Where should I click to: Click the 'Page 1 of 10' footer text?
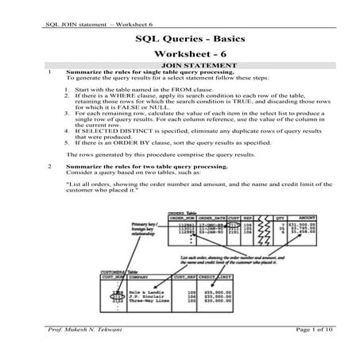coord(300,350)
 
